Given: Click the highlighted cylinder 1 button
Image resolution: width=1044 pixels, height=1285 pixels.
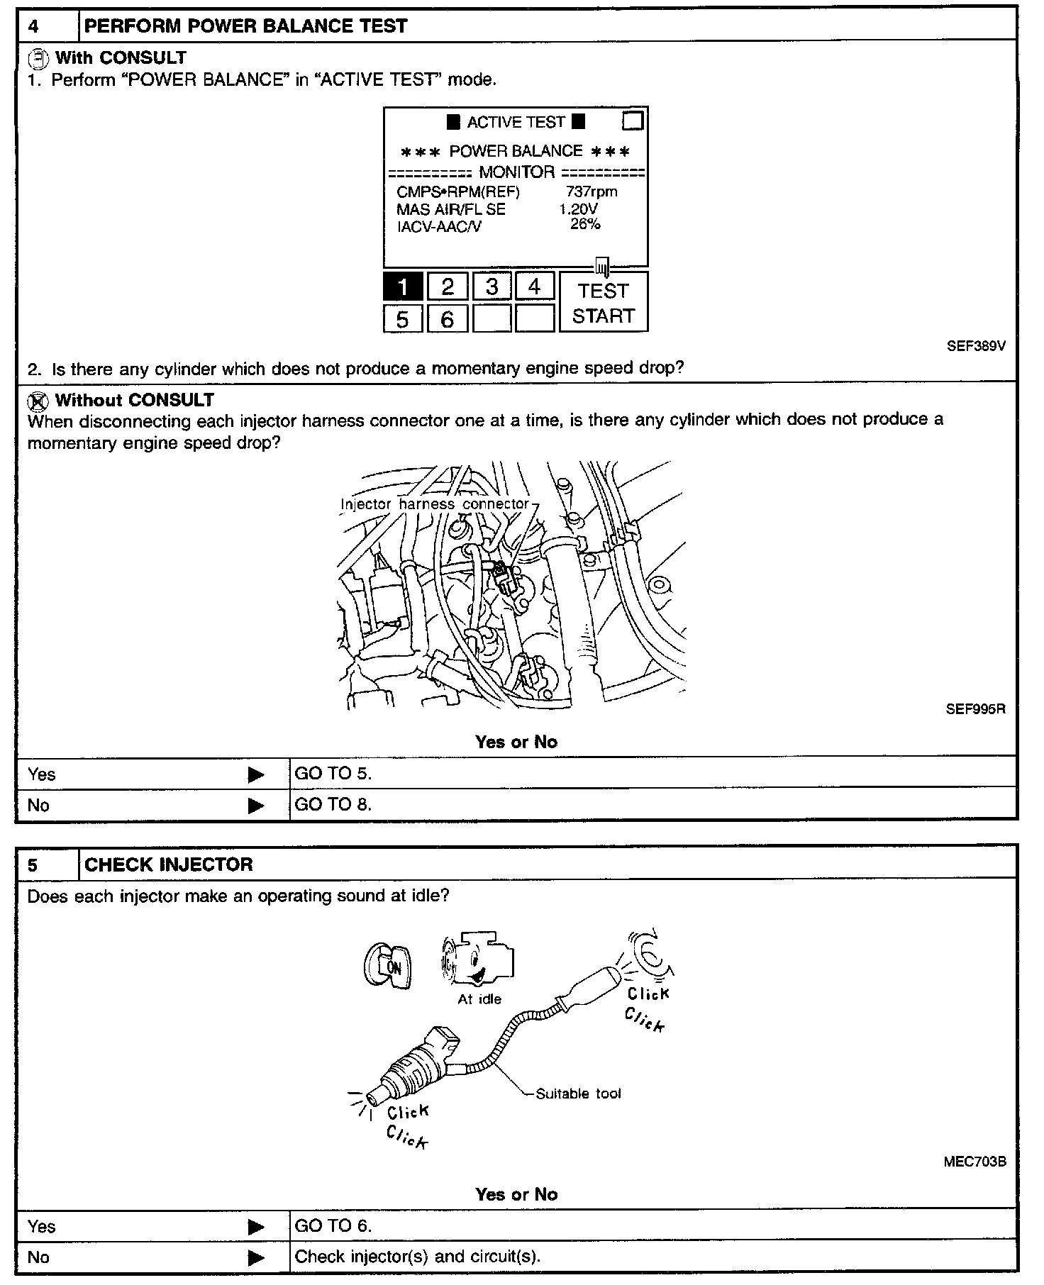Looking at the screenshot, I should (403, 287).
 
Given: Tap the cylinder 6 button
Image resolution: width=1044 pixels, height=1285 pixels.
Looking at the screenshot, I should (447, 319).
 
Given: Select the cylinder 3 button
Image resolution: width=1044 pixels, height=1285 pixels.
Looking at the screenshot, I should (492, 287).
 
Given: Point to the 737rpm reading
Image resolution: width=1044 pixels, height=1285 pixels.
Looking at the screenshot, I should (592, 191).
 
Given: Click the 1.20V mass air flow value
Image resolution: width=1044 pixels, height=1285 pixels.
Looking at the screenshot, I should (578, 209).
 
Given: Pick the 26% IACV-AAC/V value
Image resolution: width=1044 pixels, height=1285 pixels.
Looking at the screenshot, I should (585, 225).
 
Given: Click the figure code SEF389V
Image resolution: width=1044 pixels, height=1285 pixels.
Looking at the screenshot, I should (976, 347).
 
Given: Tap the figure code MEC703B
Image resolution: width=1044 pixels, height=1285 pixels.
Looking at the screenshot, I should (974, 1162).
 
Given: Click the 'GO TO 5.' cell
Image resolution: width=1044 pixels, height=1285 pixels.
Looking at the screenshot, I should (333, 774).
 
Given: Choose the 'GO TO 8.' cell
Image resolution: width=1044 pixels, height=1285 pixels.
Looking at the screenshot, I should (333, 804).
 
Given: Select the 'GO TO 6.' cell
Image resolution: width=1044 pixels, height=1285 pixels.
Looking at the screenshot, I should (333, 1225).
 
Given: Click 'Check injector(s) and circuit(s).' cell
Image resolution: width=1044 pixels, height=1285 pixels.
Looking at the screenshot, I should (417, 1257).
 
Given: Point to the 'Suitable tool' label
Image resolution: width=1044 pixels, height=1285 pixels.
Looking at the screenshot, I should (578, 1094).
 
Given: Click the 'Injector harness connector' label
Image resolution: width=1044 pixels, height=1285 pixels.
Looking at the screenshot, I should (435, 504).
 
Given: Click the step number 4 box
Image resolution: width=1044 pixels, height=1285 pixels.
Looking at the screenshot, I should (47, 26).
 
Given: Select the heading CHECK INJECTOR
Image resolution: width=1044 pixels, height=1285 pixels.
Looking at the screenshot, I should (169, 864).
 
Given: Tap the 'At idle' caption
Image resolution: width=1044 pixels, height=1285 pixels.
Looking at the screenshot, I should (479, 999).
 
